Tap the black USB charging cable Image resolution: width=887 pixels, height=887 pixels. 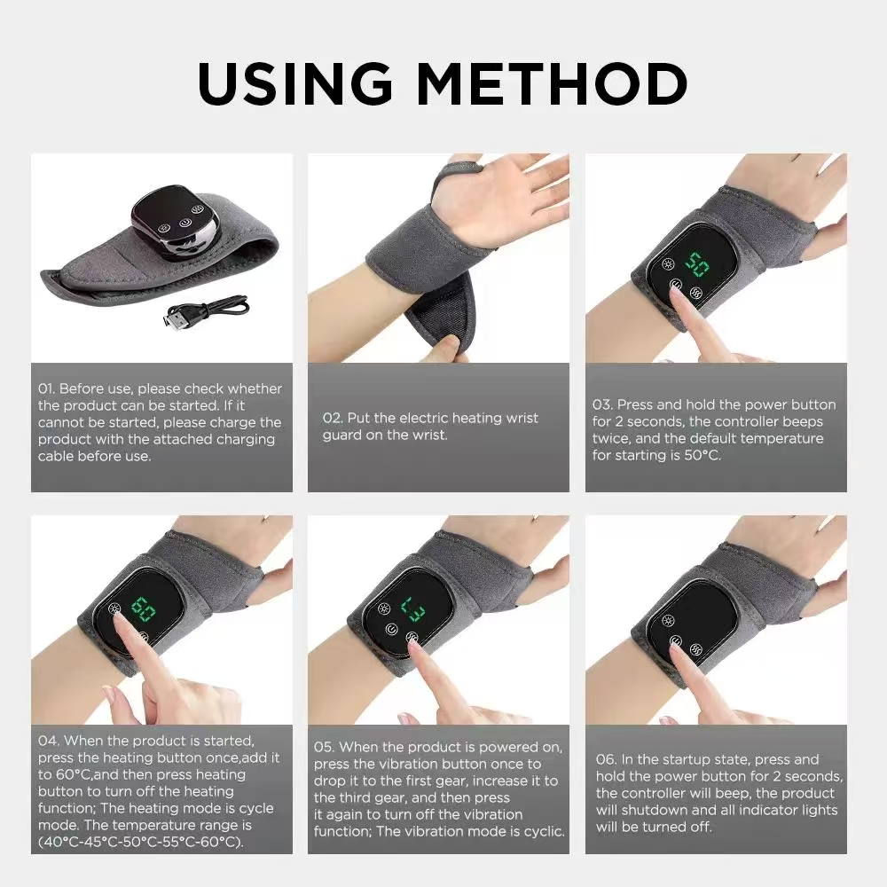(x=204, y=311)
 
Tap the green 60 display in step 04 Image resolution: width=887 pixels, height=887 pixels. (x=143, y=610)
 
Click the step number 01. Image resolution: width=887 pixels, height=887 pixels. (x=46, y=389)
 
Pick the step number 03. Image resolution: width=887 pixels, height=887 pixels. (x=602, y=404)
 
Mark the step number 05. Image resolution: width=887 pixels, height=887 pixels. (x=324, y=747)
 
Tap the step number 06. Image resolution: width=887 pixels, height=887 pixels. (x=605, y=759)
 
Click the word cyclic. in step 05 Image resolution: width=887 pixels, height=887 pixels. (x=538, y=831)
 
